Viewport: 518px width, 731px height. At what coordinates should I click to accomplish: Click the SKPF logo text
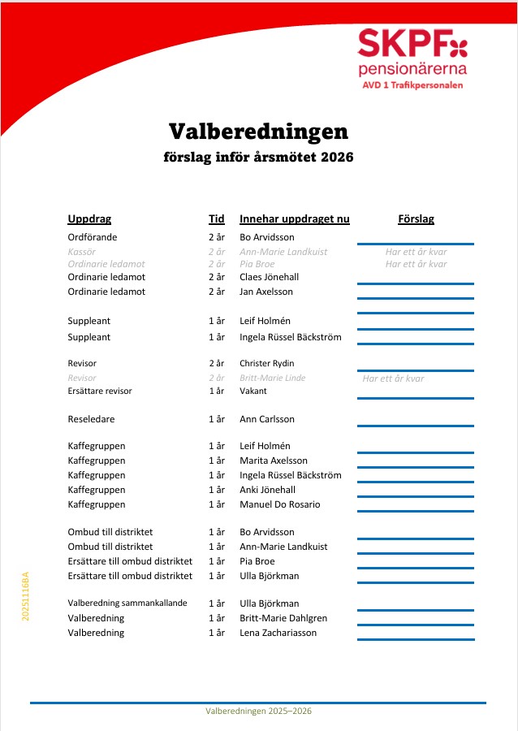point(404,42)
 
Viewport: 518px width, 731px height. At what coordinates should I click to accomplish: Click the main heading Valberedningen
point(258,131)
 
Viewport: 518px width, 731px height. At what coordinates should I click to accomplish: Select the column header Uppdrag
point(89,219)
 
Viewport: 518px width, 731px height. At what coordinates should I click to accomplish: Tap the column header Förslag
point(416,219)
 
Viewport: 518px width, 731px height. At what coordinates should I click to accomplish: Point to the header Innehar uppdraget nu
point(294,219)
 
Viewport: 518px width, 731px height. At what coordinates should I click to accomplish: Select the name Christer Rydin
point(266,363)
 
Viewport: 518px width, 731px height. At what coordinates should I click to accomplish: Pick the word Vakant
point(253,391)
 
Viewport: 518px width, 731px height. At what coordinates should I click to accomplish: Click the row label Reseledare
point(91,419)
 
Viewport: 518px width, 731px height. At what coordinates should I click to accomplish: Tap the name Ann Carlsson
point(266,419)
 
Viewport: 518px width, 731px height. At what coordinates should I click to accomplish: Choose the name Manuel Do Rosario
point(279,504)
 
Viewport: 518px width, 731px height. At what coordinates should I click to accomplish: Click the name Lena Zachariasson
point(278,633)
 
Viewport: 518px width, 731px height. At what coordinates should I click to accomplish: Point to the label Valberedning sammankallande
point(127,603)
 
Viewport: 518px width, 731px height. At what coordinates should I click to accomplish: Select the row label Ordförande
point(92,237)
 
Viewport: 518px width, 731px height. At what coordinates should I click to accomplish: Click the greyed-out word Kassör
point(81,252)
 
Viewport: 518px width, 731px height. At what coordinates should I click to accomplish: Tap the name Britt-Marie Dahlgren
point(283,618)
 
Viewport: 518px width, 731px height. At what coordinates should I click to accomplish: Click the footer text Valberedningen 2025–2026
point(258,711)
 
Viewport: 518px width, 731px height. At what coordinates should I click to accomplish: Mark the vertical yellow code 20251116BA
point(26,597)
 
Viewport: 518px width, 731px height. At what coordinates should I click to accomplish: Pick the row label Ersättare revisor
point(100,391)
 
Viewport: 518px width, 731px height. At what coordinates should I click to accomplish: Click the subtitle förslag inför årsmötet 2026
point(258,158)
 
